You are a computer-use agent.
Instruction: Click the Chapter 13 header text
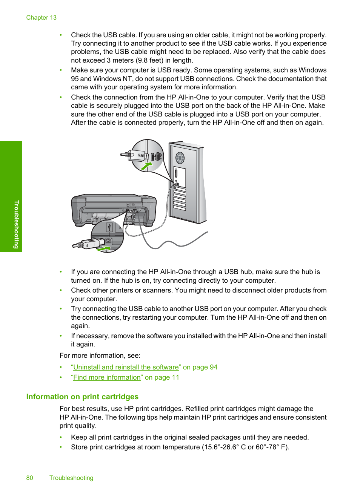[41, 18]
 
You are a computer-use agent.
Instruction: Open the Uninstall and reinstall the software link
[126, 367]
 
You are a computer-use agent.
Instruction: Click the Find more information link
[107, 377]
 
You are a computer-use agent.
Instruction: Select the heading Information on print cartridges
[82, 397]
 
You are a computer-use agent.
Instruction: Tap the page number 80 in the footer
[29, 478]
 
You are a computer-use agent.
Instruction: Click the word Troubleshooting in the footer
[71, 478]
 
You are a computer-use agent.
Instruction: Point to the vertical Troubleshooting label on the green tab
[16, 224]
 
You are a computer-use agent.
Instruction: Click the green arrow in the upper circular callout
[146, 166]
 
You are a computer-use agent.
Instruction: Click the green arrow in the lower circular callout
[103, 248]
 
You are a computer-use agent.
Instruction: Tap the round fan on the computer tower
[180, 158]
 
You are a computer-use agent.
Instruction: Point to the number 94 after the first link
[214, 367]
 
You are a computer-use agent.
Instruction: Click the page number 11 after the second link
[175, 377]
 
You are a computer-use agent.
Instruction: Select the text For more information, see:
[100, 355]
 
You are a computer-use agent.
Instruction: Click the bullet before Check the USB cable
[61, 35]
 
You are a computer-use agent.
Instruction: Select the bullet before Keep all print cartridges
[61, 437]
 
